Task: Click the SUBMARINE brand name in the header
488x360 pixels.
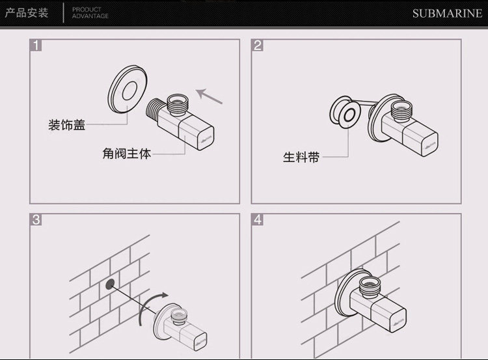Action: [447, 13]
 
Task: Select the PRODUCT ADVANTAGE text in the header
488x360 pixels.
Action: [90, 13]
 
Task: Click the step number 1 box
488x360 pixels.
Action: [36, 46]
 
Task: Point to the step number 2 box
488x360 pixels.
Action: [258, 46]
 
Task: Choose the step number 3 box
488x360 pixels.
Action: [36, 219]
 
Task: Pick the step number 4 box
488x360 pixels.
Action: [258, 219]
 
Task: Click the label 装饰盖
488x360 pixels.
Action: [67, 125]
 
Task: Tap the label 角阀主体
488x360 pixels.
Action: [126, 154]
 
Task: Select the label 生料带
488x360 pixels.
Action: [301, 157]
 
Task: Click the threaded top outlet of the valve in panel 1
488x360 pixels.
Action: [176, 104]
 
